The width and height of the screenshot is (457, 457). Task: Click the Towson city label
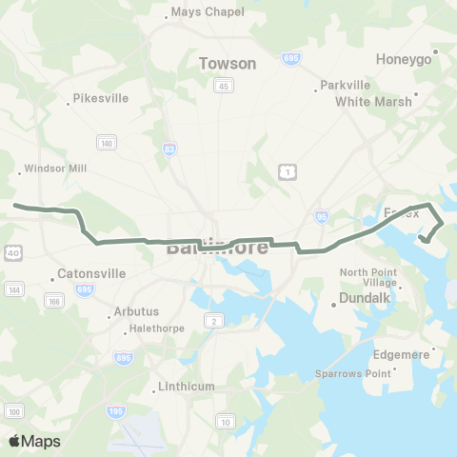[x=228, y=63]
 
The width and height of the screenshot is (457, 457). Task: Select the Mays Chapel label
[x=208, y=12]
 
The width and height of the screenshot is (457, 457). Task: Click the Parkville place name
[x=344, y=85]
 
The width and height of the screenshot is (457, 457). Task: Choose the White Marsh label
[x=374, y=101]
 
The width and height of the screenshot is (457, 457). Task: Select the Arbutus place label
[x=134, y=310]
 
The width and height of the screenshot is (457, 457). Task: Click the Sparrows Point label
[x=353, y=373]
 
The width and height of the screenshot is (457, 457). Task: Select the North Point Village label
[x=368, y=278]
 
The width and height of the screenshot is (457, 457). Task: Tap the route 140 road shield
[x=105, y=142]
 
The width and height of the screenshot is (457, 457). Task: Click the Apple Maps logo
[x=34, y=441]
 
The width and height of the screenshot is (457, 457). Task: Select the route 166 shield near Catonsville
[x=55, y=301]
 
